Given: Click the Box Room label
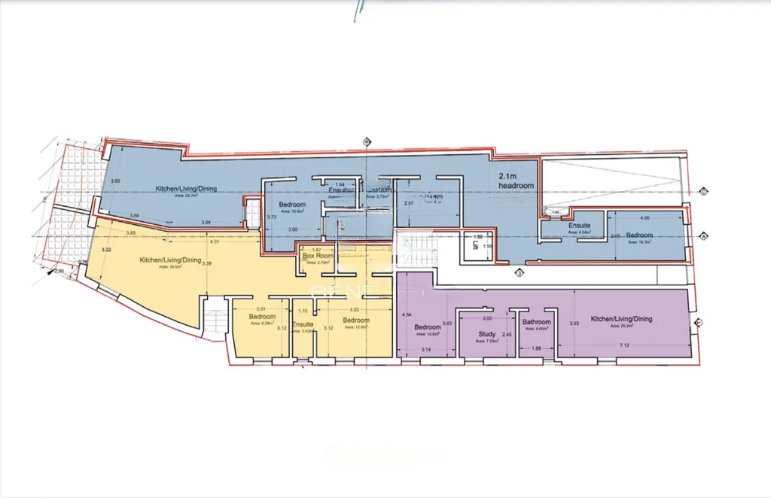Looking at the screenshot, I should click(x=318, y=256).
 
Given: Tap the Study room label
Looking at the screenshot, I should click(x=486, y=333).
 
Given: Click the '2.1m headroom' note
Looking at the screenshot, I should click(x=516, y=181).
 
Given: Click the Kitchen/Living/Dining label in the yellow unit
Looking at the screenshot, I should click(x=170, y=260).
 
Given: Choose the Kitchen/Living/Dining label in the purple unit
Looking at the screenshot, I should click(x=621, y=319).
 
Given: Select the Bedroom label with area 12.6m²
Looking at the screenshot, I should click(x=355, y=320).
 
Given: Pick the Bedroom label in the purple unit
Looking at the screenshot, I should click(x=428, y=327).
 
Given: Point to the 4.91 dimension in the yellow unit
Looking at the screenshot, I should click(x=215, y=242).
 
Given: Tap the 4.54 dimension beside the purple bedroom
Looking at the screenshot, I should click(x=407, y=314).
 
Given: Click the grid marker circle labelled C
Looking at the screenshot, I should click(x=703, y=190).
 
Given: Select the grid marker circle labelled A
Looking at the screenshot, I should click(x=703, y=236).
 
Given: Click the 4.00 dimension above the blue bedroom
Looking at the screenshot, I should click(x=645, y=218).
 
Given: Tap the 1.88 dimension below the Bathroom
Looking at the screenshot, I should click(x=537, y=348).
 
